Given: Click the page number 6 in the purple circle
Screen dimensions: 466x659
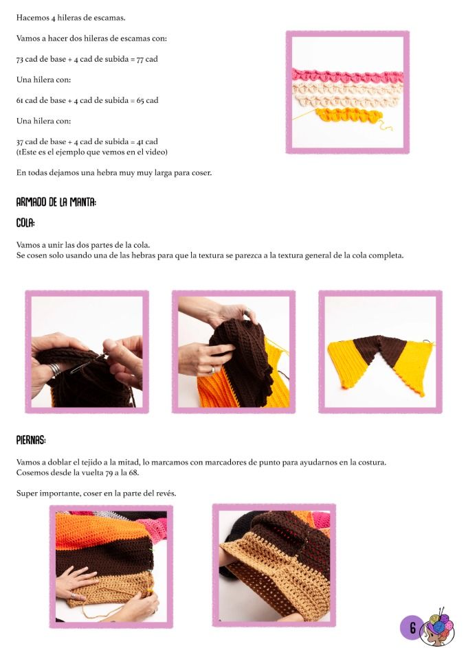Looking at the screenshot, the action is [x=412, y=628].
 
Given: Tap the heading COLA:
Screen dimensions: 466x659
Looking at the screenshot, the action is [x=25, y=223].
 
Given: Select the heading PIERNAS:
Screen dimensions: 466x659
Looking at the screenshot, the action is [x=31, y=441].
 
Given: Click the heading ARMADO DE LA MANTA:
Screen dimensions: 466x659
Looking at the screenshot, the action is [x=56, y=203].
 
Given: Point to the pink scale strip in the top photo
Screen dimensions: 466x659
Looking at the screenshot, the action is [x=347, y=76].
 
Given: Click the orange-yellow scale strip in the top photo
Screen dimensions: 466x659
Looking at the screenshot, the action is [x=348, y=115].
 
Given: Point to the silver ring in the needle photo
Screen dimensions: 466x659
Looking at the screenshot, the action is [x=54, y=370].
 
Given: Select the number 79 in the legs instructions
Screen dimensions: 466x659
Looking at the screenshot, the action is [x=109, y=473].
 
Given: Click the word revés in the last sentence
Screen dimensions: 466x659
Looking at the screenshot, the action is [x=164, y=494].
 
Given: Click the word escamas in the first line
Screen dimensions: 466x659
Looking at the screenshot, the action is [x=111, y=18].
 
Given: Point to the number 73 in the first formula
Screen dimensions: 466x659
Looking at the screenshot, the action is [x=20, y=59].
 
